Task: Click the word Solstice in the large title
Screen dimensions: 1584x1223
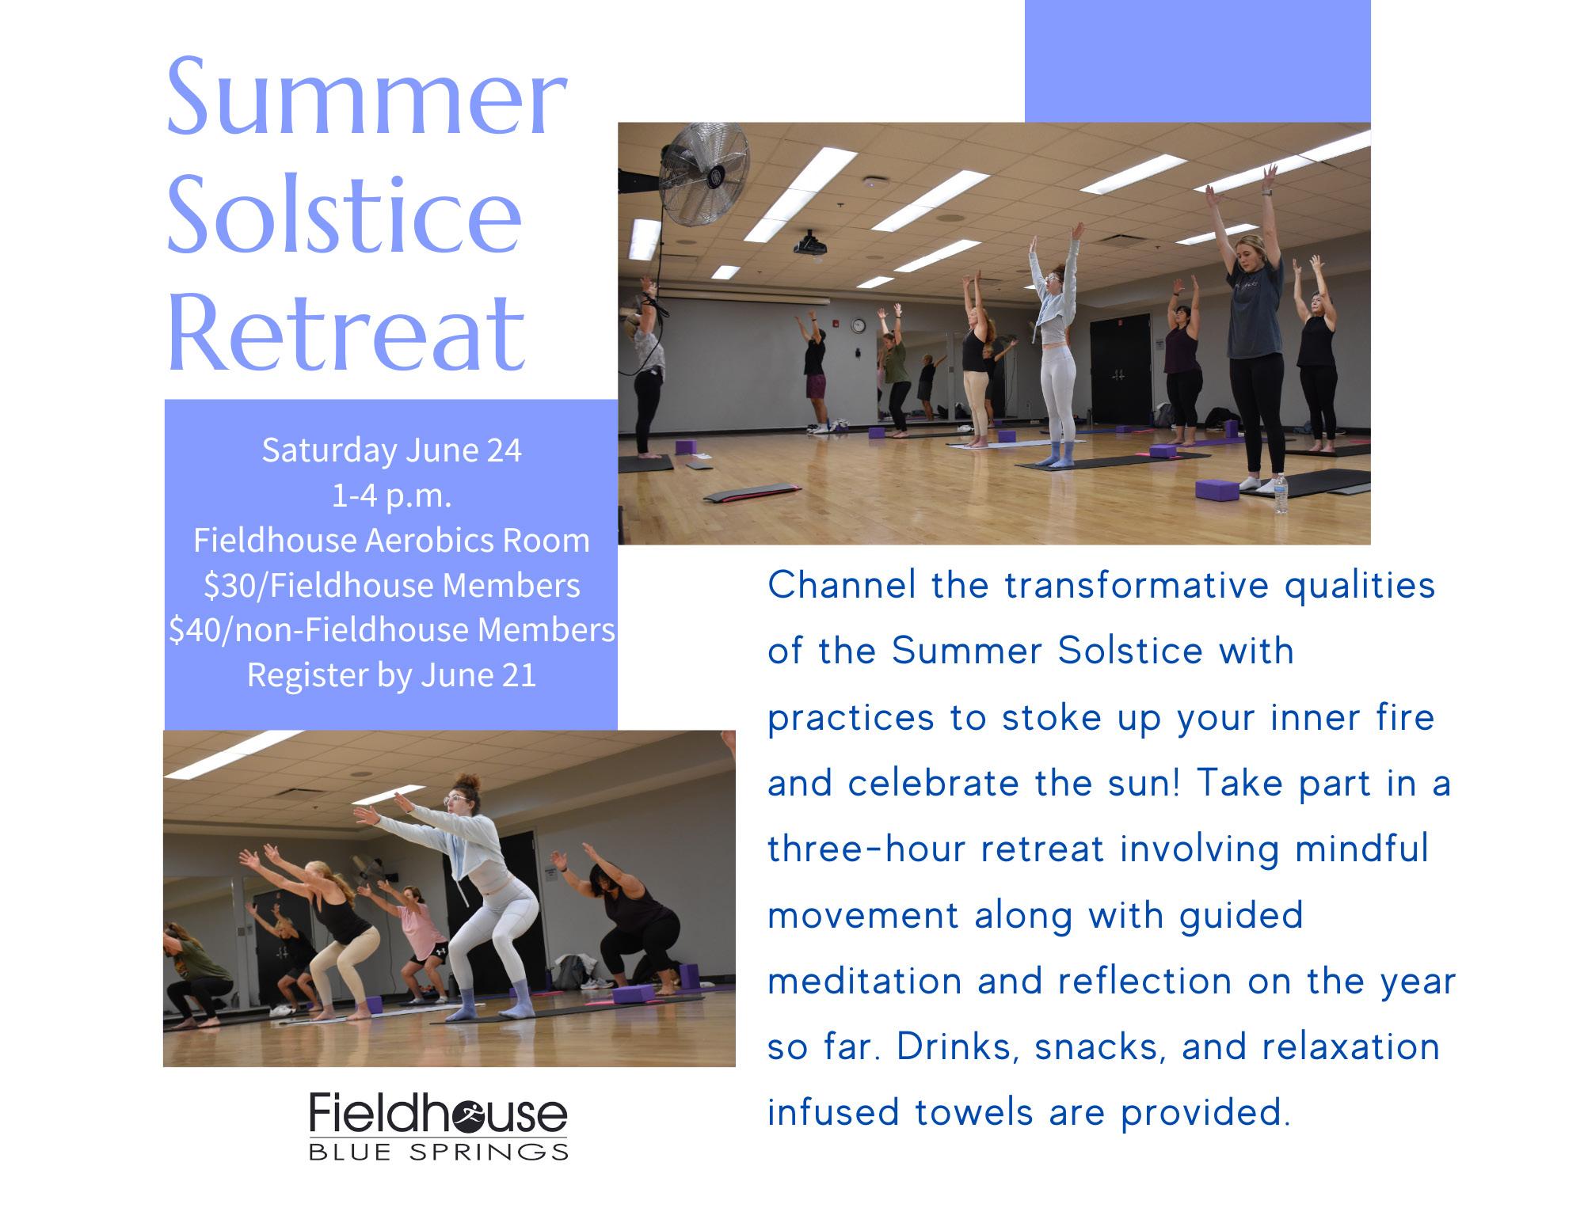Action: (x=345, y=215)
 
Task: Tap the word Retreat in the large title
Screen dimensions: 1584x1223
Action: (x=346, y=333)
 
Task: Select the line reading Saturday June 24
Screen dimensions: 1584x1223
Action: (x=391, y=450)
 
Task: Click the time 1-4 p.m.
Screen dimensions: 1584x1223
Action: (x=391, y=496)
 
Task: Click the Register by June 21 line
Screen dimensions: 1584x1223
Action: (x=391, y=675)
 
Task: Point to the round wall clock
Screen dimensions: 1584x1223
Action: (x=859, y=325)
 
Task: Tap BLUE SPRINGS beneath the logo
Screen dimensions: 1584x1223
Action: (x=438, y=1151)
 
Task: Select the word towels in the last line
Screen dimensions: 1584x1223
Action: (x=976, y=1113)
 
